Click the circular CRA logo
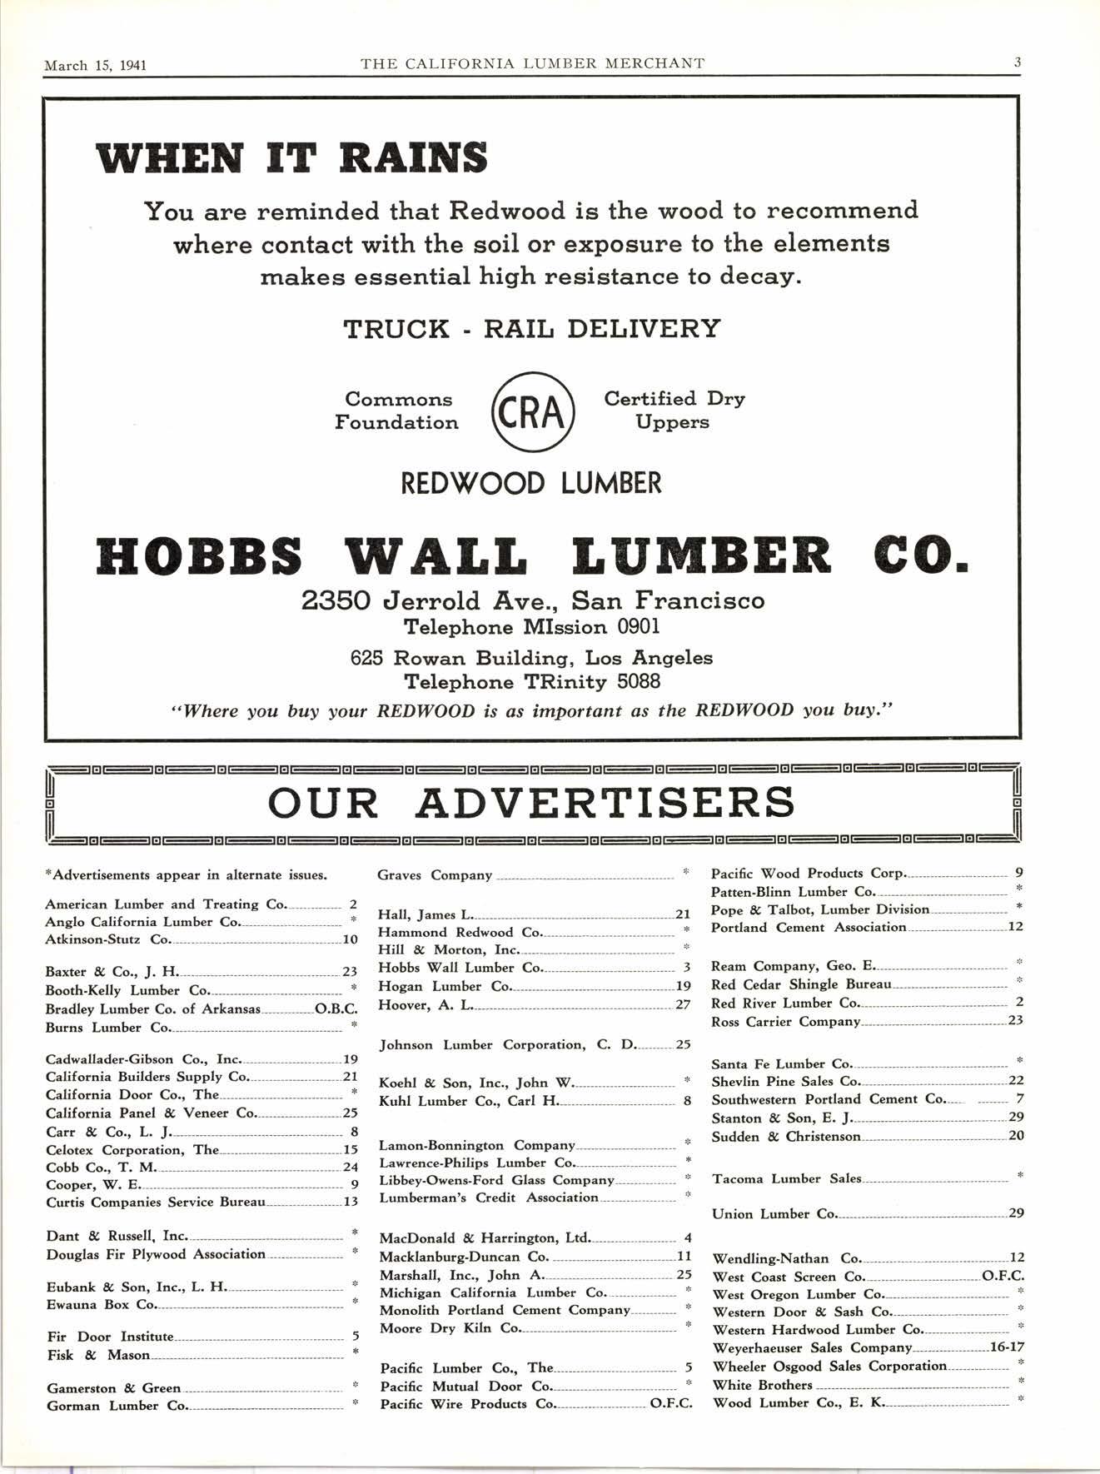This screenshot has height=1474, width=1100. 532,412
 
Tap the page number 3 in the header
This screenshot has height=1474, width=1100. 1018,62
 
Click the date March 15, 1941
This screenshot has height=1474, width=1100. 95,64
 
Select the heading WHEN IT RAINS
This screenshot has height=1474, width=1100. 291,158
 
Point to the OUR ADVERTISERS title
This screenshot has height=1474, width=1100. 531,802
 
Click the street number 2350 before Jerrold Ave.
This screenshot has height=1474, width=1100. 335,600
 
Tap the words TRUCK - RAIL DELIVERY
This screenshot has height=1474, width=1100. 532,329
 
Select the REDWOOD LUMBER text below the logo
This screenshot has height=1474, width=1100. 531,483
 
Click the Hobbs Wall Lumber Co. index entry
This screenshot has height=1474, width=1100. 460,968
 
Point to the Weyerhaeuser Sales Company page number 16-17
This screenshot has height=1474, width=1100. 1004,1347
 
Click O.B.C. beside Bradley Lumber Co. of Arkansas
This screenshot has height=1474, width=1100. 336,1009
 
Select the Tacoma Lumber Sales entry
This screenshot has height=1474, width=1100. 786,1178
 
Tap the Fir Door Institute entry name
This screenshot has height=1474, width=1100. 110,1337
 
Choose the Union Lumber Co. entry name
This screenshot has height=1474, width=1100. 774,1213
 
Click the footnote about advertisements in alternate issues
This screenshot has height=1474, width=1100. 186,875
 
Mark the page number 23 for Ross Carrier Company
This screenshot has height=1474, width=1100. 1015,1020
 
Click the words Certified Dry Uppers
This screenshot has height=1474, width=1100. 674,411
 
